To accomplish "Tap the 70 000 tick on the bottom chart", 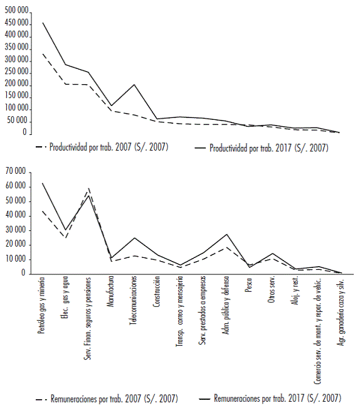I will [16, 172].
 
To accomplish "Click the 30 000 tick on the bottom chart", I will [16, 230].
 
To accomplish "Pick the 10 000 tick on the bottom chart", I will [16, 259].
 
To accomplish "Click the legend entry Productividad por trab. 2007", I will [103, 148].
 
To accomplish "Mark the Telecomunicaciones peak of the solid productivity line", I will [134, 84].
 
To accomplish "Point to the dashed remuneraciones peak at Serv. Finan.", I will [88, 188].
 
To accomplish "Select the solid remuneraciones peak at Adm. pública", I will [226, 234].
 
